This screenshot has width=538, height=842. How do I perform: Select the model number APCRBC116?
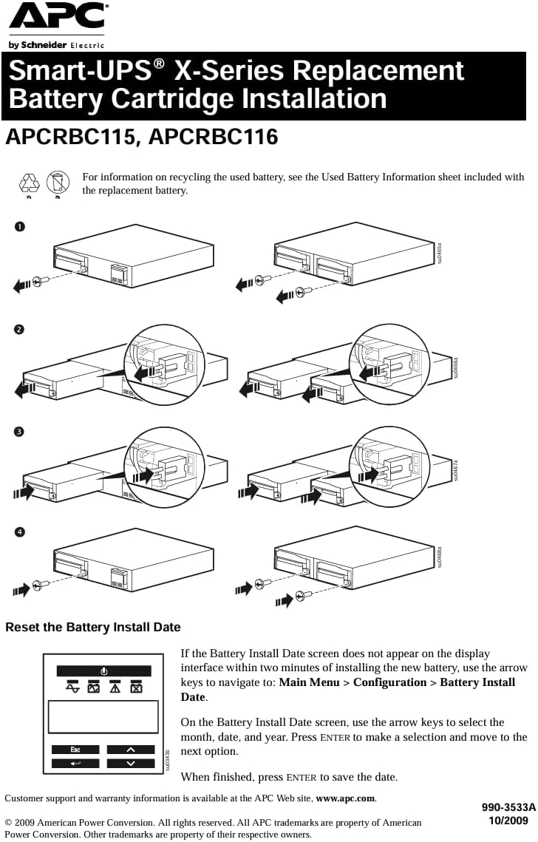pyautogui.click(x=214, y=137)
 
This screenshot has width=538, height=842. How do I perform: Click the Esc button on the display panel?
pyautogui.click(x=75, y=750)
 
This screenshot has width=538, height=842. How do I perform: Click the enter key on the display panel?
pyautogui.click(x=75, y=764)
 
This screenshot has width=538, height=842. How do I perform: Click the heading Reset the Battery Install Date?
pyautogui.click(x=93, y=628)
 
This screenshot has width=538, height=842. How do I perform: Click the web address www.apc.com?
pyautogui.click(x=346, y=798)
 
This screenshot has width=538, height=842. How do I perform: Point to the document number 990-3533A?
pyautogui.click(x=508, y=809)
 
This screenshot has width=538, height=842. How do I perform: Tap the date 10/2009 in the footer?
pyautogui.click(x=508, y=821)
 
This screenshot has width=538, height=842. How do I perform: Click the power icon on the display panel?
pyautogui.click(x=103, y=670)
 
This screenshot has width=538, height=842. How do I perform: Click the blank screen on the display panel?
pyautogui.click(x=103, y=716)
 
